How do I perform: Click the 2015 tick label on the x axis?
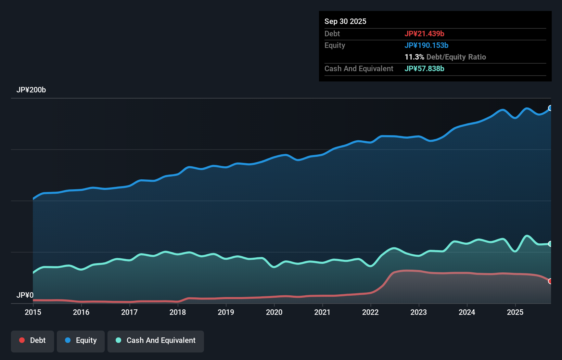click(x=33, y=312)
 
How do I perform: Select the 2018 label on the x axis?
click(x=178, y=312)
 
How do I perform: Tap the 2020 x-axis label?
click(x=274, y=312)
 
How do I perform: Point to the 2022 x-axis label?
click(x=370, y=312)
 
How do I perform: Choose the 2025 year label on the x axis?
click(x=515, y=312)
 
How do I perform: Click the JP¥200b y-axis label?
click(x=31, y=90)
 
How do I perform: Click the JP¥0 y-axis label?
click(x=25, y=295)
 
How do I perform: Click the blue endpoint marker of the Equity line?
click(x=550, y=108)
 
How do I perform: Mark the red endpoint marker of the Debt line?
click(x=550, y=281)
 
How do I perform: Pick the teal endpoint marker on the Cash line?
click(x=550, y=244)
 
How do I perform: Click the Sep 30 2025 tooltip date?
click(x=345, y=21)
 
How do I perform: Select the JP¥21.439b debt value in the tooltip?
click(x=424, y=34)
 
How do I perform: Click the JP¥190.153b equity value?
click(x=426, y=45)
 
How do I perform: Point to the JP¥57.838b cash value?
click(x=424, y=68)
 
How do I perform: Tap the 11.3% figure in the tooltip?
click(x=414, y=57)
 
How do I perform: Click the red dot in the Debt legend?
click(x=22, y=340)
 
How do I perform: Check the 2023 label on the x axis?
click(x=419, y=312)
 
